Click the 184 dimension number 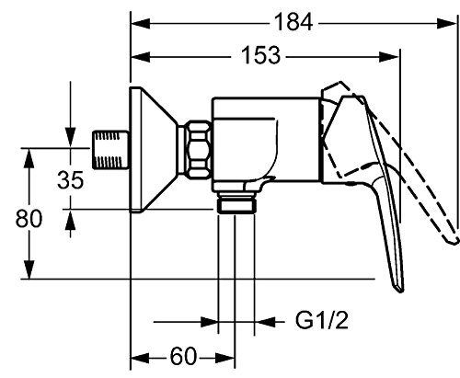point(293,22)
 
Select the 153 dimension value point(260,55)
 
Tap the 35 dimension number point(70,180)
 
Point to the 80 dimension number point(29,219)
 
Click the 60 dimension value point(183,357)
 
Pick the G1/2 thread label point(322,320)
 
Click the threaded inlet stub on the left point(110,150)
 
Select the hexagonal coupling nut point(200,150)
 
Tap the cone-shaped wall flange point(153,150)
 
